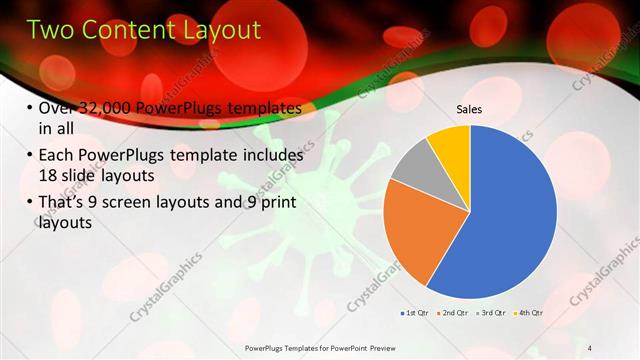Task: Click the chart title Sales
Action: [469, 109]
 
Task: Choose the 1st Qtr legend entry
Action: [414, 313]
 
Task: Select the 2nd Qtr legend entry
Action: [451, 313]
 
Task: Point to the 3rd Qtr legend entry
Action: [489, 313]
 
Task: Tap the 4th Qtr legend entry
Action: [527, 313]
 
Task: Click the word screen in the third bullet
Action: [149, 203]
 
